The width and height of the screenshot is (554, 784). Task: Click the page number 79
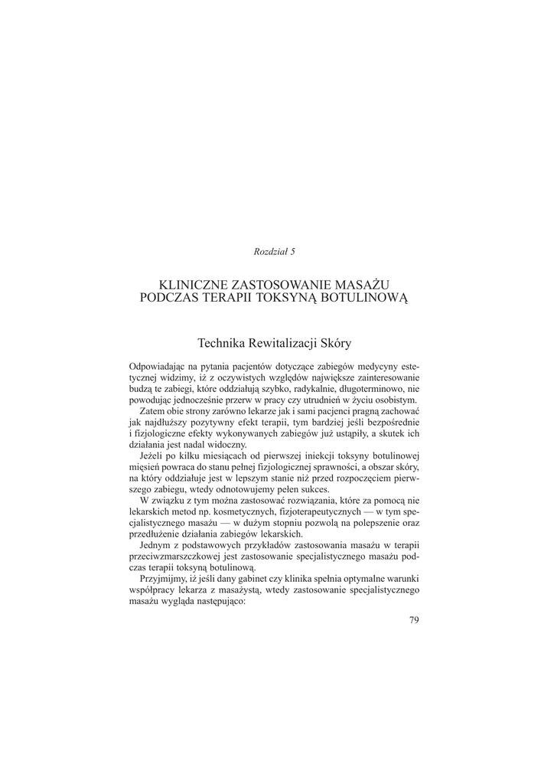click(414, 619)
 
